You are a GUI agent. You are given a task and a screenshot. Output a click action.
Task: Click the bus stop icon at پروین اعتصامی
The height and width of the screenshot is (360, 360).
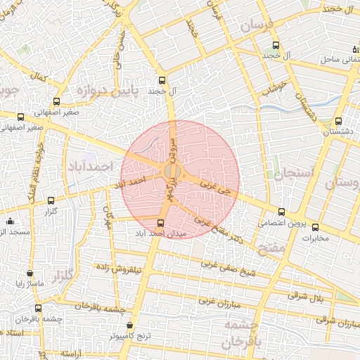pos(282,212)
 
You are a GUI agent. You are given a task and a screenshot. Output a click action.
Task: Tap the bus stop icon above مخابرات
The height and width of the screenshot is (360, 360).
pos(315,227)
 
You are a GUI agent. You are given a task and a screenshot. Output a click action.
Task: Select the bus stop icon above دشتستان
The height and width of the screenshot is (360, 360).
pos(339,121)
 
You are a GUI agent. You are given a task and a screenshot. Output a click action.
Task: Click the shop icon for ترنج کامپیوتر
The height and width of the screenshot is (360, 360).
pos(130,325)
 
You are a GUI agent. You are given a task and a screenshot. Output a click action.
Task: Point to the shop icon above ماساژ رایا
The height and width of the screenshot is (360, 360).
pos(30,273)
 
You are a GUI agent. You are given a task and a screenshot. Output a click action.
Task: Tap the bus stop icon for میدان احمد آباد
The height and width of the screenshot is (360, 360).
pos(160,223)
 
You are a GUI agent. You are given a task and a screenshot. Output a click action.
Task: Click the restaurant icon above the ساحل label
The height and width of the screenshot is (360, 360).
pos(354,48)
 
